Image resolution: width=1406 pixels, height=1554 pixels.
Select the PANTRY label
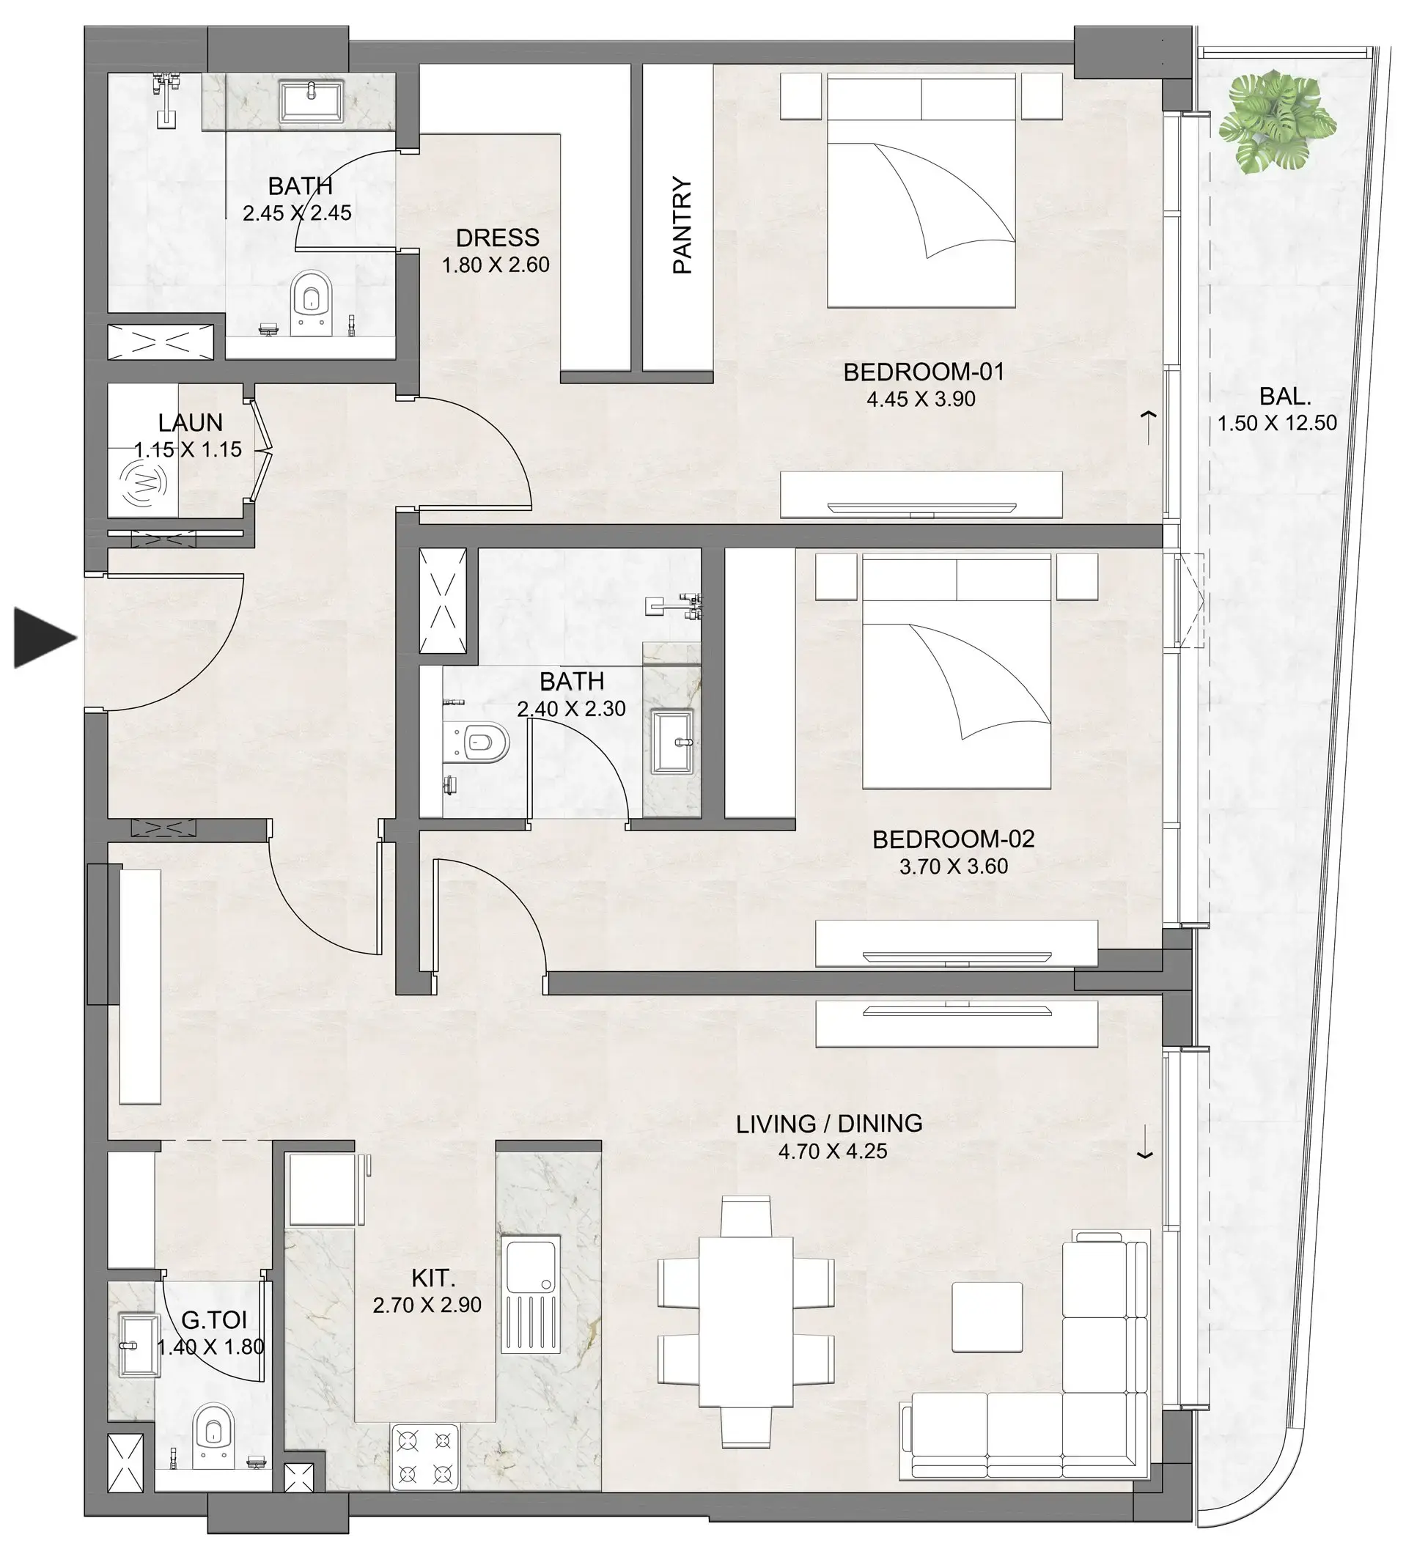682,225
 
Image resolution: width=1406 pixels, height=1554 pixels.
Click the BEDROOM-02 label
953,839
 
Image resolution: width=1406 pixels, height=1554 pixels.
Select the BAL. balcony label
1284,397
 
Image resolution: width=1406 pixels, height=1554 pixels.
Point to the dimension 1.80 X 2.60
495,265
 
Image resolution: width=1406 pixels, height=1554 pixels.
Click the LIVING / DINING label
828,1123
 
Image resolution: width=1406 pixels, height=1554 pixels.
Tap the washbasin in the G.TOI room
138,1345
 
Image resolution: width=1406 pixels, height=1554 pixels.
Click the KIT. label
433,1278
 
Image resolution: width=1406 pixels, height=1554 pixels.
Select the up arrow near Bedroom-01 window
1149,425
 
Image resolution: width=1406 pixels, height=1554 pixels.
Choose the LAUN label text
190,422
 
